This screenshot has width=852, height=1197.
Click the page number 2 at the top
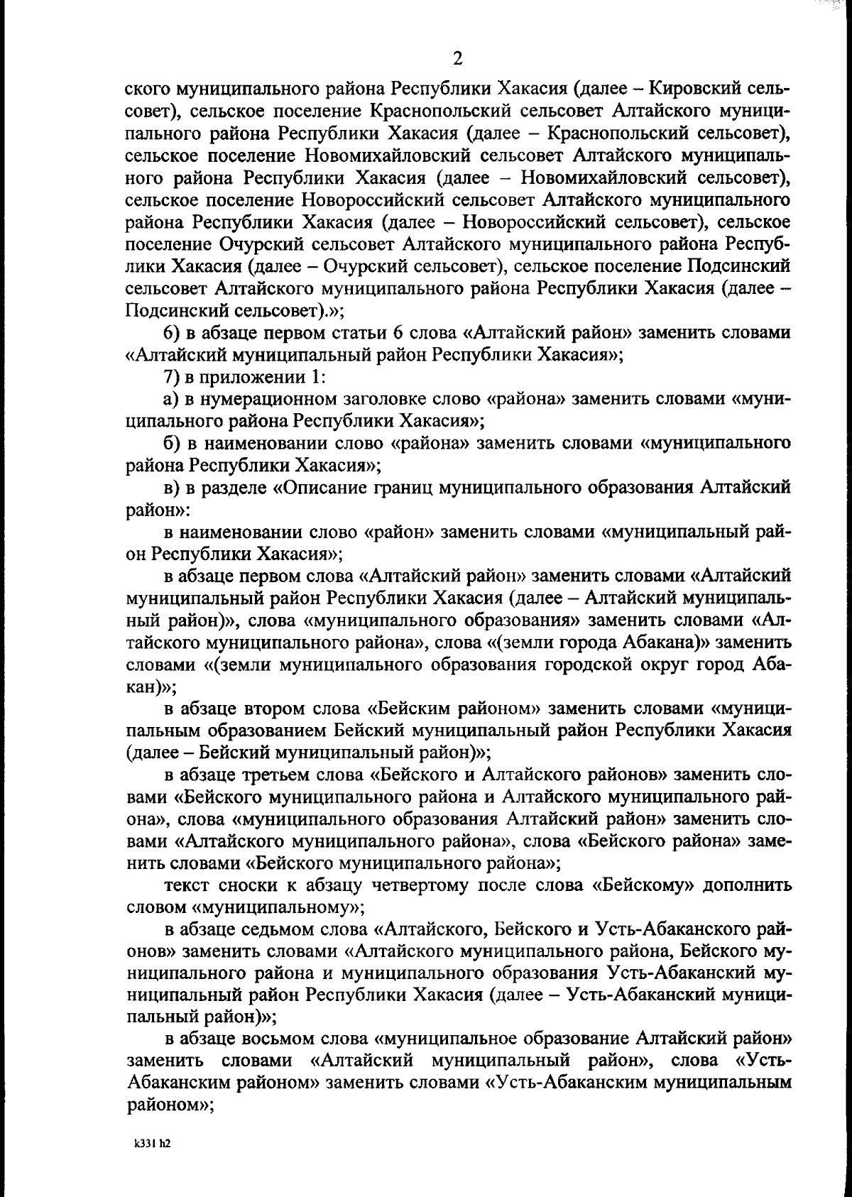click(x=457, y=58)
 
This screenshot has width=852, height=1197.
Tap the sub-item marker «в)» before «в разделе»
click(x=174, y=488)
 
